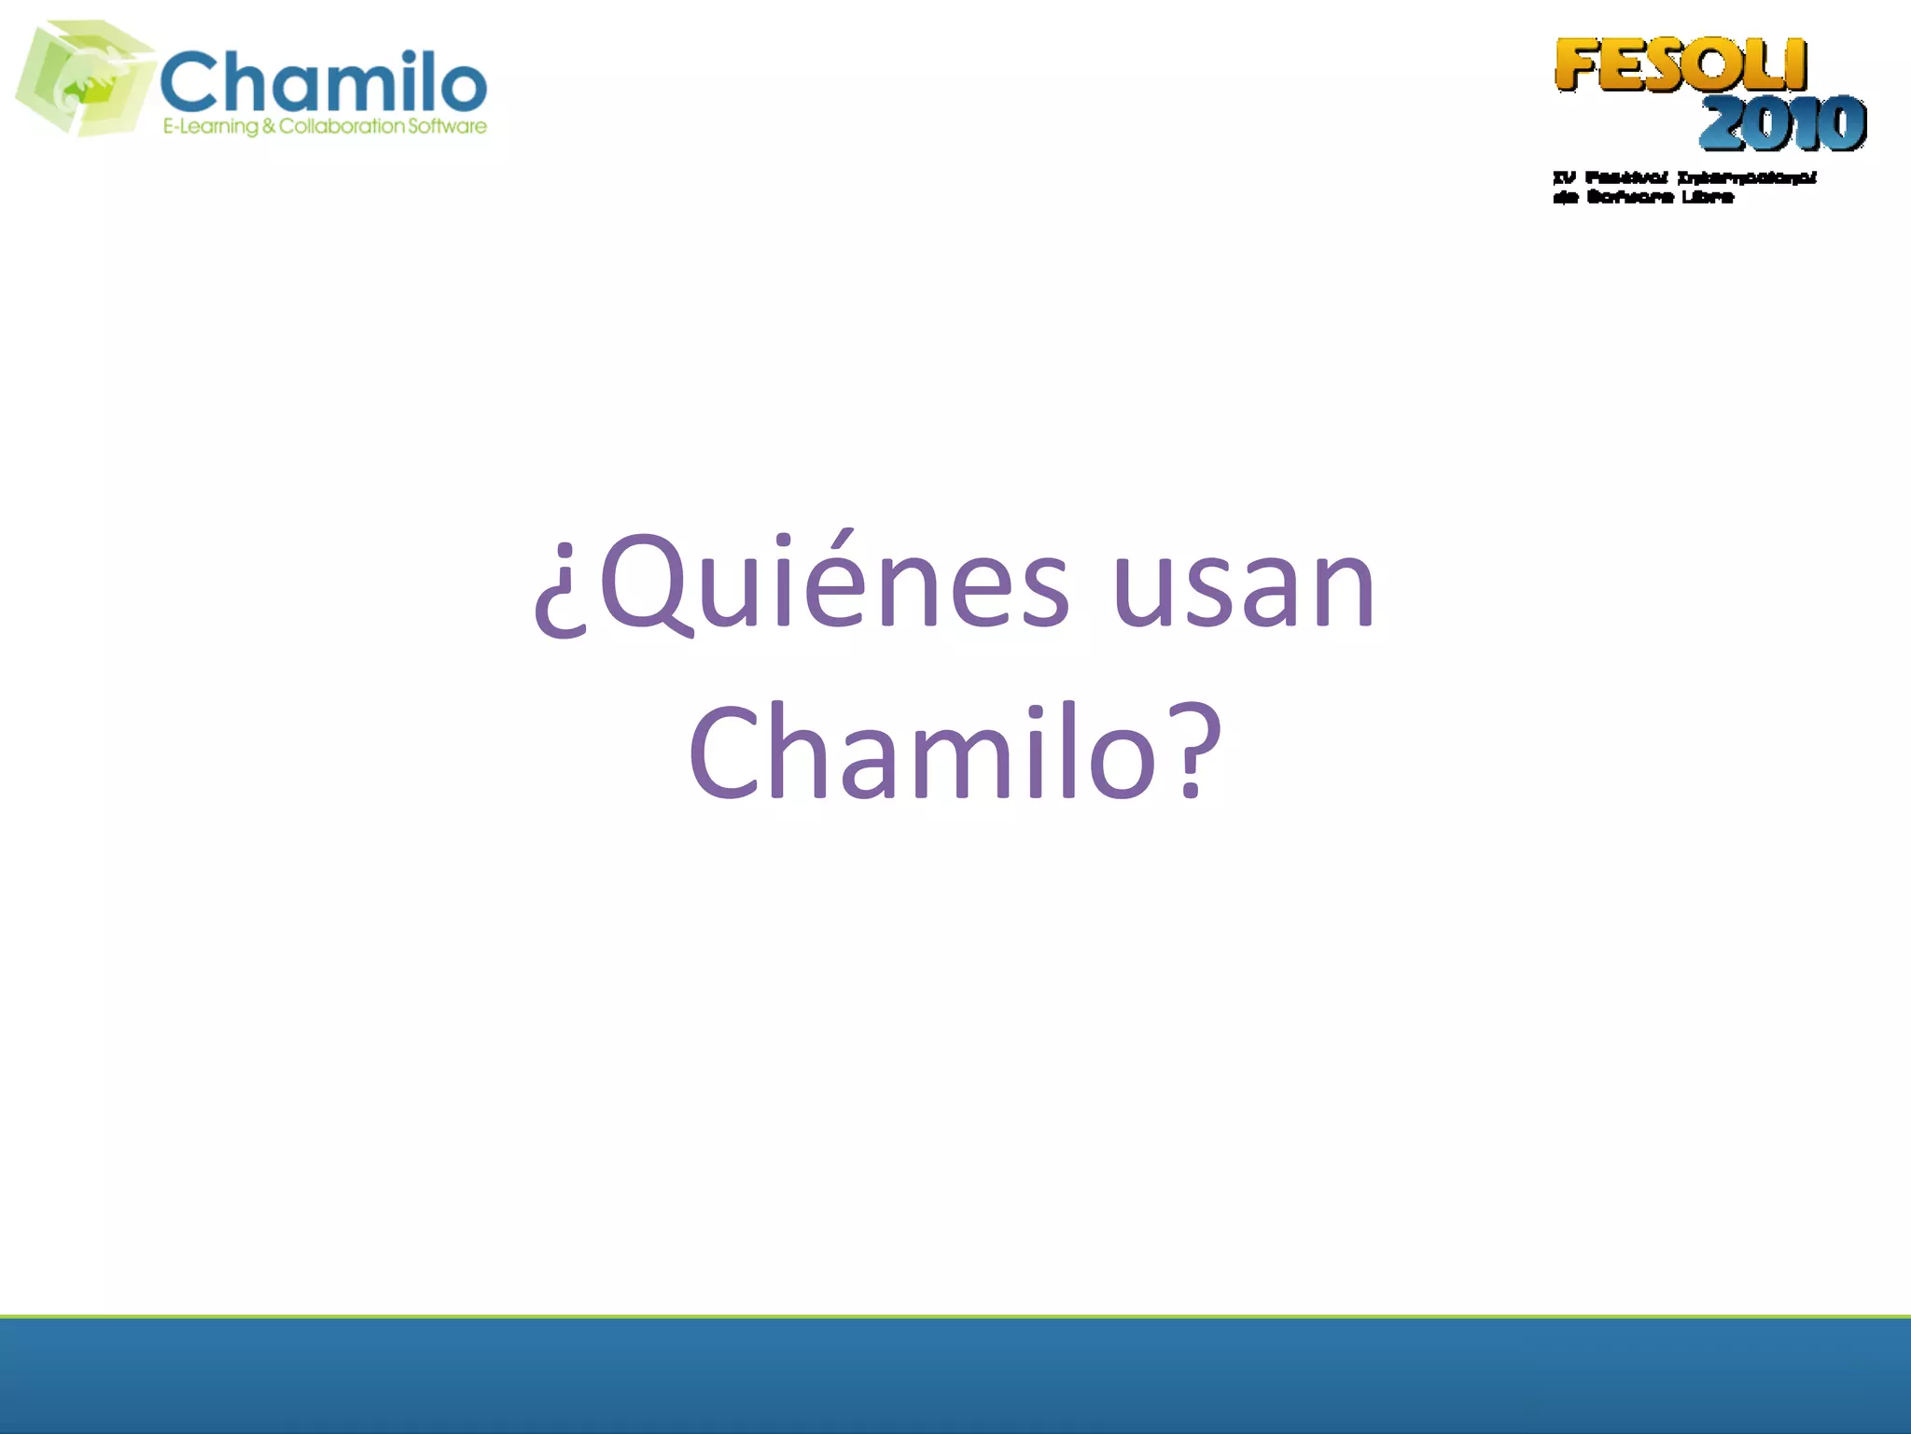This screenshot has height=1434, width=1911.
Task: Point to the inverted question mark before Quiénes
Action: [x=561, y=597]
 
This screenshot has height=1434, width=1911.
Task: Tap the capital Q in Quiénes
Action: [x=647, y=583]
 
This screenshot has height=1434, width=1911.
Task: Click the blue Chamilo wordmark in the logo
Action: [x=324, y=81]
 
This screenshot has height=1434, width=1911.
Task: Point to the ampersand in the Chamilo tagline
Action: [x=269, y=126]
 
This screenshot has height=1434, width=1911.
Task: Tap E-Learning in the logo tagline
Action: [x=211, y=127]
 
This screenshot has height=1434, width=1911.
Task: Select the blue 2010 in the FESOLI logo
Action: [x=1782, y=123]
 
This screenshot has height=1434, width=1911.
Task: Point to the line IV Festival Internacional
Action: [x=1684, y=177]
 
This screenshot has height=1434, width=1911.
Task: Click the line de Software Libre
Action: [x=1643, y=197]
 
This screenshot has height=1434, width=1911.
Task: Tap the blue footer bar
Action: [x=955, y=1376]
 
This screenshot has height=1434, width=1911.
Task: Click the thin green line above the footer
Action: [x=955, y=1316]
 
